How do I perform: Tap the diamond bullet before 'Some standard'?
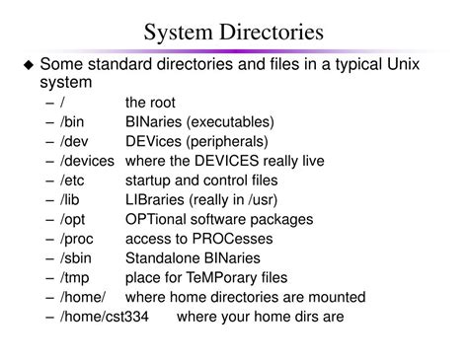tap(29, 65)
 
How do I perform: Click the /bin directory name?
tap(72, 121)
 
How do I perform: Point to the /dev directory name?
tap(74, 141)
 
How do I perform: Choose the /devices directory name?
tap(86, 161)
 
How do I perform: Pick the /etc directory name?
tap(72, 180)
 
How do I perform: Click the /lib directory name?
tap(70, 199)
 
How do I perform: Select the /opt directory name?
tap(72, 219)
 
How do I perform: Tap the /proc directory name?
tap(76, 239)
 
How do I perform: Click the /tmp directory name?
tap(74, 277)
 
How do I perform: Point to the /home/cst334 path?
tap(108, 316)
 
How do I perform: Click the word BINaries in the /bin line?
tap(159, 121)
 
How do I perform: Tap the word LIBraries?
tap(158, 199)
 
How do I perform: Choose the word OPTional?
tap(160, 219)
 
